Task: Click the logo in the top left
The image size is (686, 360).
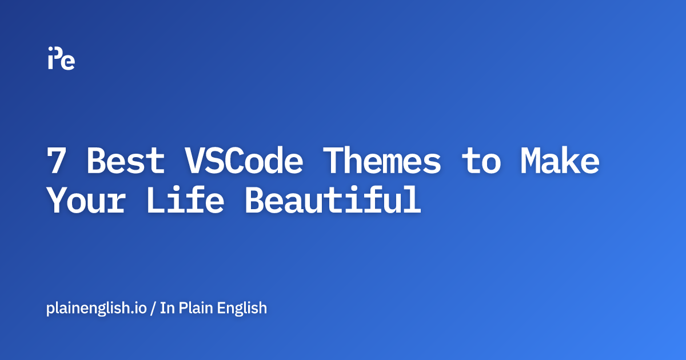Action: click(61, 58)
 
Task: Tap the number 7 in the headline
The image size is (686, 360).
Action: click(56, 162)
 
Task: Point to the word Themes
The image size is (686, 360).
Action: click(381, 162)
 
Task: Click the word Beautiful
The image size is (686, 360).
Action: click(332, 201)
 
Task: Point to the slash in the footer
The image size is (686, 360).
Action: click(153, 309)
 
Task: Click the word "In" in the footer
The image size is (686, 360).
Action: click(166, 309)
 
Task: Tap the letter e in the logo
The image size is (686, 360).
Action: click(68, 62)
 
